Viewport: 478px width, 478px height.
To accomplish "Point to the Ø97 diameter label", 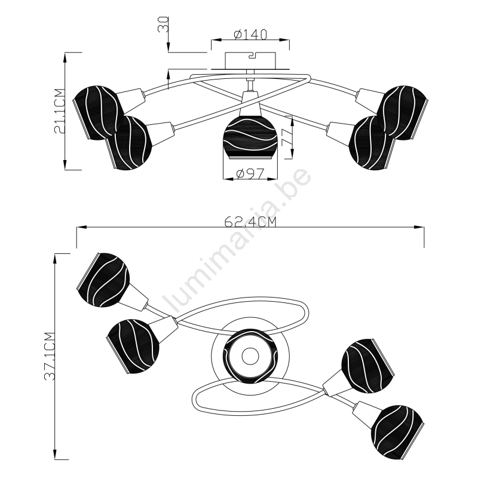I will click(250, 174).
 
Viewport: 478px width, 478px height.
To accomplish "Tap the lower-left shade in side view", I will click(129, 142).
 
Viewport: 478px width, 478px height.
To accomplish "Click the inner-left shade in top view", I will click(136, 346).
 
